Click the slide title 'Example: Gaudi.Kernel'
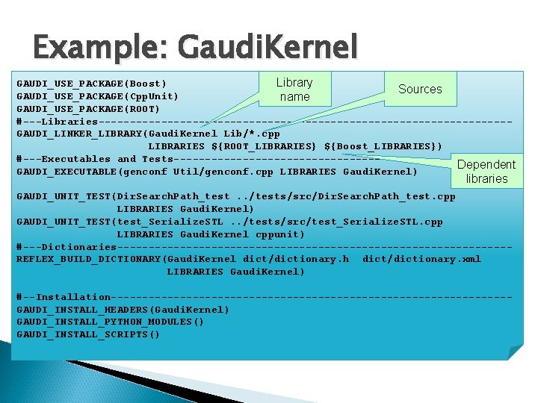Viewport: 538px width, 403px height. [x=195, y=47]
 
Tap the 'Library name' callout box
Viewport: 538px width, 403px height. [x=294, y=90]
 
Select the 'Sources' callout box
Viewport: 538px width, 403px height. [x=419, y=89]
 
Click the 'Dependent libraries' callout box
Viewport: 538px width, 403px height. [x=486, y=172]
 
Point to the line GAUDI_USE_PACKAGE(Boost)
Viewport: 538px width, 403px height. [x=92, y=83]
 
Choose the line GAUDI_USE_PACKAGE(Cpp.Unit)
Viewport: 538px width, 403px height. [x=98, y=96]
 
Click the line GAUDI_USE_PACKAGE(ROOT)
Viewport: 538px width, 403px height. [x=89, y=108]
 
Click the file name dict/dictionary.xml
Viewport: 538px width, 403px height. [x=421, y=259]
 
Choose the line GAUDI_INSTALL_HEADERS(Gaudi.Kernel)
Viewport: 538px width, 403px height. [x=123, y=309]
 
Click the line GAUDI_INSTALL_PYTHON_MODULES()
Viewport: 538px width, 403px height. [x=111, y=322]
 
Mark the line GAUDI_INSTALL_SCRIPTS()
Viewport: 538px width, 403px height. [x=89, y=334]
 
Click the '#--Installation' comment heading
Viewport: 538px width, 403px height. [x=64, y=297]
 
